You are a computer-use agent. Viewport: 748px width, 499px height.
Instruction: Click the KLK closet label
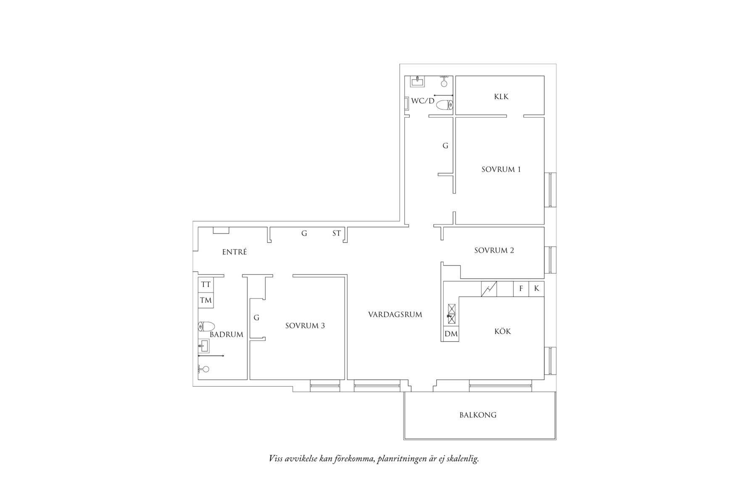click(501, 97)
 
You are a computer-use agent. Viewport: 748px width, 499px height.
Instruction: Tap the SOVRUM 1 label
click(501, 169)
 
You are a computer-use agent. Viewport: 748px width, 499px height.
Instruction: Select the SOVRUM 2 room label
click(494, 251)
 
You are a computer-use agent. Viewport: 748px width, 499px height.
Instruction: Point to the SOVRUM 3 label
click(305, 326)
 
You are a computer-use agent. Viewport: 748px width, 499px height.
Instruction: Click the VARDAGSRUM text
click(395, 314)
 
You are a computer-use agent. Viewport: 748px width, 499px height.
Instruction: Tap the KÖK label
click(503, 332)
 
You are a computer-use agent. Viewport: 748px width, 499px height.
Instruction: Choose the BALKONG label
click(478, 415)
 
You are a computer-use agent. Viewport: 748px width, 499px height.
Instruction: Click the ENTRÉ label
click(234, 252)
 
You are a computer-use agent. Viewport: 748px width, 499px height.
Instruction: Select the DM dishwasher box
click(451, 334)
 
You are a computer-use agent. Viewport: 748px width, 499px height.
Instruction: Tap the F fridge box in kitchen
click(521, 289)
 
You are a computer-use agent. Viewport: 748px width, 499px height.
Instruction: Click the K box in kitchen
click(537, 289)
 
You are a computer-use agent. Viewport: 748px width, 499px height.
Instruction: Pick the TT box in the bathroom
click(205, 285)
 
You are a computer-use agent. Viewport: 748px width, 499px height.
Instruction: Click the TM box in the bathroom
click(205, 300)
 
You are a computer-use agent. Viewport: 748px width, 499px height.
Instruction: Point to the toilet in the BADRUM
click(206, 326)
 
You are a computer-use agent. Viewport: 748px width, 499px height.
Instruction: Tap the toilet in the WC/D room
click(445, 105)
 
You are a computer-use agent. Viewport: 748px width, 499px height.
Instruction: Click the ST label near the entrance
click(337, 233)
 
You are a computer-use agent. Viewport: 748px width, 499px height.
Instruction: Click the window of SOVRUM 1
click(550, 190)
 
